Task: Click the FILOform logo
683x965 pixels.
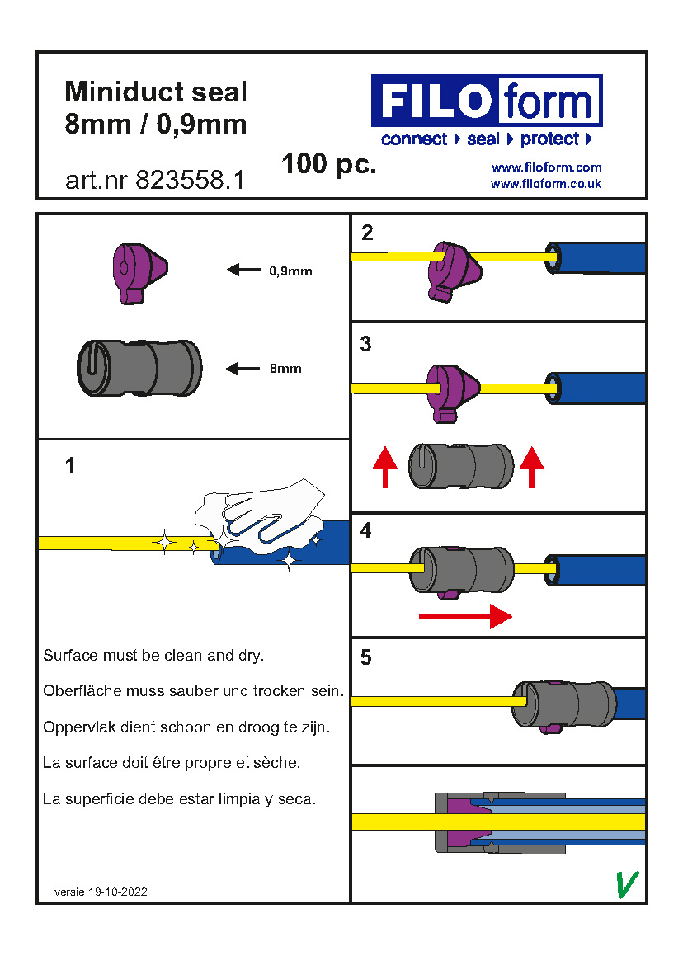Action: (487, 101)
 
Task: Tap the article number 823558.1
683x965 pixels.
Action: (190, 180)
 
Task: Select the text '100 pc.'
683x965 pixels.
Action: (328, 164)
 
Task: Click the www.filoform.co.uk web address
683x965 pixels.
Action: (546, 183)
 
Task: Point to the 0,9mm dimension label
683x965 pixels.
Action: (290, 271)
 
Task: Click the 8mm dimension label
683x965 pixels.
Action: (285, 369)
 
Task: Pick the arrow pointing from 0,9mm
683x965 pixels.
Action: (243, 270)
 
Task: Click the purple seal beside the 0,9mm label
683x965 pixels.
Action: (139, 273)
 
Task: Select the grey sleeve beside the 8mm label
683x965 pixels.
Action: (139, 367)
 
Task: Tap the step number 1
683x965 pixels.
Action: (70, 465)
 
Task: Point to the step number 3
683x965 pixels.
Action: (366, 343)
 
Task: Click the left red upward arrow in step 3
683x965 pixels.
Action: (385, 468)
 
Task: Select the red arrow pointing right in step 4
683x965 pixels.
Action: (465, 616)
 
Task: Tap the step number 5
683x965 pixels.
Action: (366, 657)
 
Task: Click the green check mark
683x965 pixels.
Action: (628, 884)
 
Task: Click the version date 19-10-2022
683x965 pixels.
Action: (117, 892)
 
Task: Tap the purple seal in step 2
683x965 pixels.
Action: (455, 271)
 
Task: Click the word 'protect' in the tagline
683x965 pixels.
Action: (549, 139)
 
